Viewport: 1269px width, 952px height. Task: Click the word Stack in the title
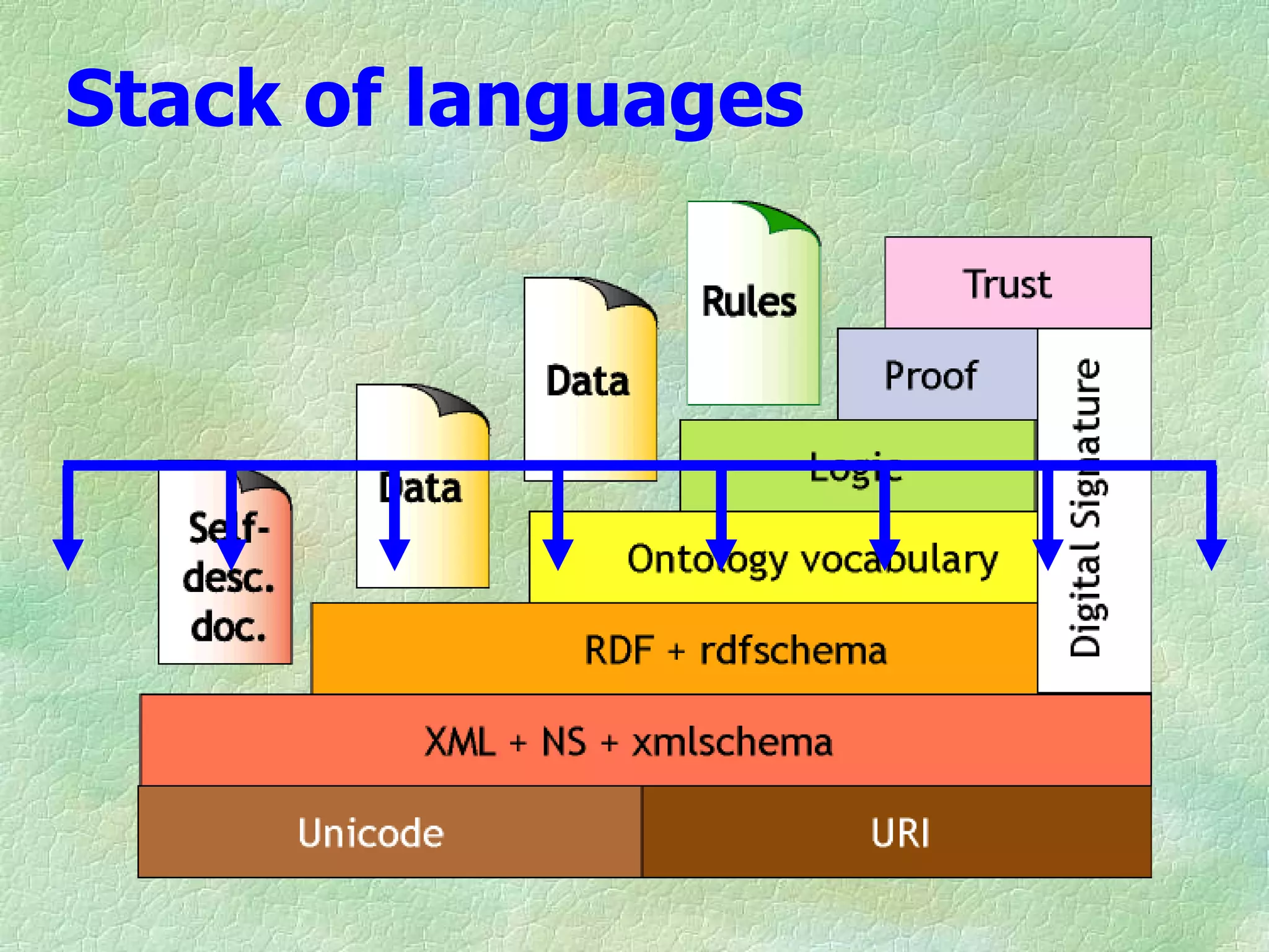coord(173,99)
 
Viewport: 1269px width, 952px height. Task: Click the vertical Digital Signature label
coord(1086,508)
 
